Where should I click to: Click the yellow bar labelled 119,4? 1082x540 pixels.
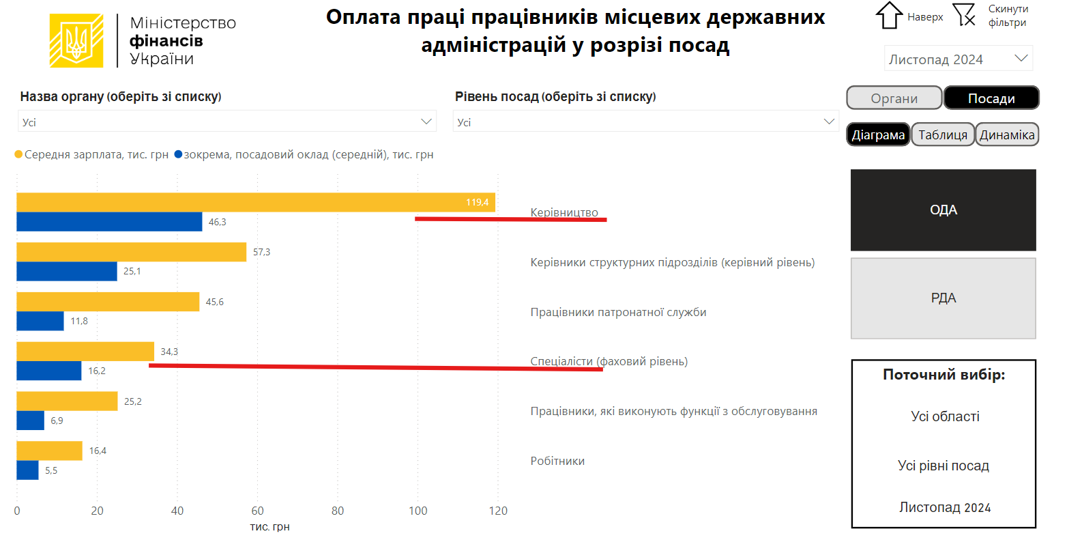[x=256, y=202]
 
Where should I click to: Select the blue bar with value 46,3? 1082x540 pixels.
[x=109, y=222]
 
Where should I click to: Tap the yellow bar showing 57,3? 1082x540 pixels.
[x=131, y=252]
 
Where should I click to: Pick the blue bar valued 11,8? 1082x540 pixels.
[x=40, y=321]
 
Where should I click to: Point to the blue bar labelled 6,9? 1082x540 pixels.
[x=31, y=421]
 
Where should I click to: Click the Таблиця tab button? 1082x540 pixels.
[x=943, y=134]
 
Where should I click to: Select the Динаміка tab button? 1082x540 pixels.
[x=1007, y=134]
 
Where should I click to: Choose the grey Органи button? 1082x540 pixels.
[x=894, y=98]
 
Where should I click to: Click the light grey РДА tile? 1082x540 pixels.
[x=943, y=298]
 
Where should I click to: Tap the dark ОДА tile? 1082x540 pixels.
[x=943, y=210]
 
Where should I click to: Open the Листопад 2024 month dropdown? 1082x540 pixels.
[x=958, y=59]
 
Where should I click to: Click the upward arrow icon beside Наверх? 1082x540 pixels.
[x=888, y=15]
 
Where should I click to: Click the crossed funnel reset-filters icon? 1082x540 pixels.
[x=964, y=14]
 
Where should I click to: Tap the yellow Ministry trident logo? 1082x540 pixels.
[x=76, y=41]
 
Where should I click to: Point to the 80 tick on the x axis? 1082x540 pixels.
[x=338, y=511]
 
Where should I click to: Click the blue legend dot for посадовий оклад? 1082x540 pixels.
[x=178, y=154]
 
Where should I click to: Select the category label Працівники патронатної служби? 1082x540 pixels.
[x=618, y=312]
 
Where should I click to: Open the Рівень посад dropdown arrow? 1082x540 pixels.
[x=829, y=122]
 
